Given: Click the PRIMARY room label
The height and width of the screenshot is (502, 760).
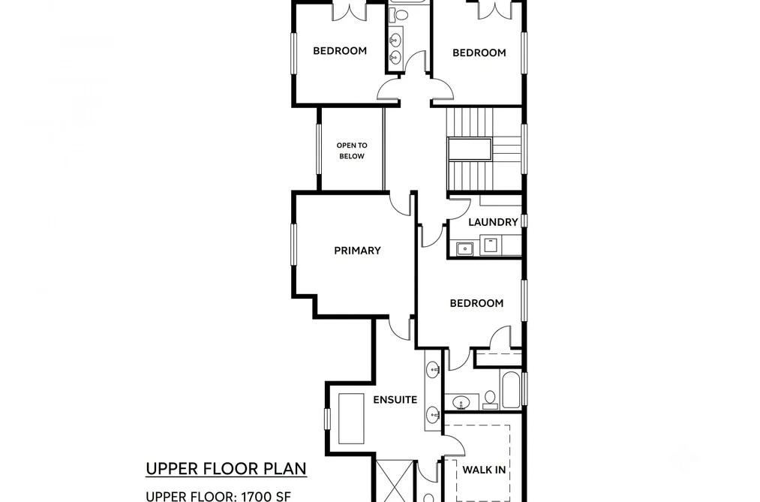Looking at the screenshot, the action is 357,251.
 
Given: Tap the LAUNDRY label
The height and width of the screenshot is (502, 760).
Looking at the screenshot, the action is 493,222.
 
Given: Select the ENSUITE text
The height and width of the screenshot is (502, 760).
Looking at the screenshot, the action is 395,400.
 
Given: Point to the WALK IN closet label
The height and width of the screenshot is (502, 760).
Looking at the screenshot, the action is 484,470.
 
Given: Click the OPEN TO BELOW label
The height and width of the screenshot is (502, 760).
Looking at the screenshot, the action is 352,151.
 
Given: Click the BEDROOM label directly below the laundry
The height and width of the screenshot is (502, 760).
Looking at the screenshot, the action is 476,303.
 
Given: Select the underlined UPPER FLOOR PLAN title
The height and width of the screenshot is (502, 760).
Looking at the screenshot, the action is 226,469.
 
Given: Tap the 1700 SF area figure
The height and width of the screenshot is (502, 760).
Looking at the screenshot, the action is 266,496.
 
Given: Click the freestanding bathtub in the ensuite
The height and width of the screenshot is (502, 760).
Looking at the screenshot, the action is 351,419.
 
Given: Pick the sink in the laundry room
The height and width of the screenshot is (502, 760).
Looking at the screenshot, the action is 465,248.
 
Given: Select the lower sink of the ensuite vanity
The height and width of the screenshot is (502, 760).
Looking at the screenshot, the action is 433,415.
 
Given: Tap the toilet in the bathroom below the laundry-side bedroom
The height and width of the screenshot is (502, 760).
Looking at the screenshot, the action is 491,400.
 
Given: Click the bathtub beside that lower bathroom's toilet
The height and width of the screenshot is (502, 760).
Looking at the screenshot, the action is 511,389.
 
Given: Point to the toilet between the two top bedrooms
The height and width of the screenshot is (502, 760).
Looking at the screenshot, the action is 401,15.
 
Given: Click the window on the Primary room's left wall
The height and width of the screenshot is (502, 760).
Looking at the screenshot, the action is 293,244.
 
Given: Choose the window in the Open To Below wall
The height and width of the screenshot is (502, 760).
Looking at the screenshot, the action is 318,149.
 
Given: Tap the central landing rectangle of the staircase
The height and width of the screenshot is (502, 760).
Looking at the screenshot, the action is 470,149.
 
